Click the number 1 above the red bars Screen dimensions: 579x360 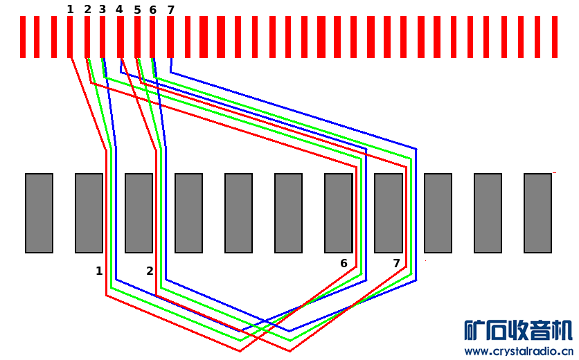(70, 9)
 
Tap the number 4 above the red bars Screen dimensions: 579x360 (119, 9)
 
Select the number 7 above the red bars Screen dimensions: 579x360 (170, 10)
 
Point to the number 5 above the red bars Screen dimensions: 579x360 (137, 10)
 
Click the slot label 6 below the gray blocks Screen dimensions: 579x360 (344, 263)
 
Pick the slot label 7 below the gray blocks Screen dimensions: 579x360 (397, 263)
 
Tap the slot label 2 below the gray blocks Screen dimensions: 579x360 (150, 271)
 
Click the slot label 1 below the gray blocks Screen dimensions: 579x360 (99, 271)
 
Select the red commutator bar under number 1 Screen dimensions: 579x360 (70, 37)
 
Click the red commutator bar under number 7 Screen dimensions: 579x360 (170, 37)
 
